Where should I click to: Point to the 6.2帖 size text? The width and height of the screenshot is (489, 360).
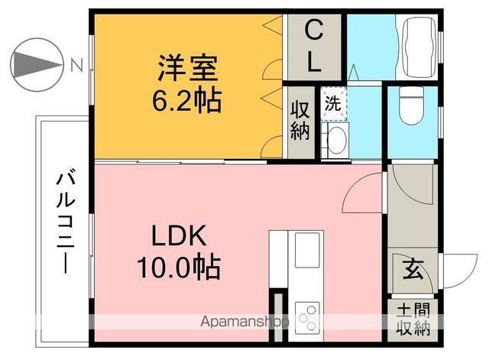pyautogui.click(x=188, y=99)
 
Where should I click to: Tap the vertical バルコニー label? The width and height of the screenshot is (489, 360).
pyautogui.click(x=64, y=222)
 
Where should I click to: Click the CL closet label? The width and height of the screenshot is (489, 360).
pyautogui.click(x=313, y=47)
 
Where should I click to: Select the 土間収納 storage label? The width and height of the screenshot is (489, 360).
pyautogui.click(x=413, y=320)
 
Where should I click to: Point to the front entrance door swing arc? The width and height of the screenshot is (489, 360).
pyautogui.click(x=455, y=272)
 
